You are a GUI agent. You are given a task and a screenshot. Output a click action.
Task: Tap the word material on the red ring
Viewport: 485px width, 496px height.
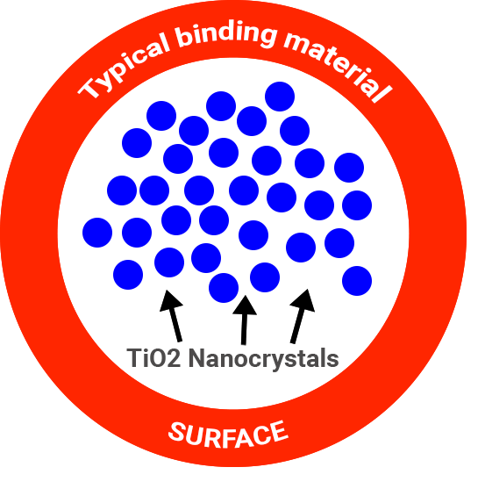(x=338, y=66)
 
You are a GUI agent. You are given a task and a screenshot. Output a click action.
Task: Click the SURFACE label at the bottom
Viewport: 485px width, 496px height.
(x=228, y=434)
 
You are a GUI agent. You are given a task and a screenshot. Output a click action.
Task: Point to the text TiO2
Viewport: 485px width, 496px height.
(x=153, y=358)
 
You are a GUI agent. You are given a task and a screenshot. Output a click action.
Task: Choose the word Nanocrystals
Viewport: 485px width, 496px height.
(x=263, y=358)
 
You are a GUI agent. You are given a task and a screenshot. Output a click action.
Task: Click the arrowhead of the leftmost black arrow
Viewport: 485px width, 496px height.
(x=170, y=300)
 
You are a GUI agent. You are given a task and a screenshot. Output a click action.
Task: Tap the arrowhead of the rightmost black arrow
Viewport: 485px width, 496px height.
(x=303, y=300)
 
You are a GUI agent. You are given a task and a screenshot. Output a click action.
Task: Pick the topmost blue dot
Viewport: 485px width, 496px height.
(x=280, y=97)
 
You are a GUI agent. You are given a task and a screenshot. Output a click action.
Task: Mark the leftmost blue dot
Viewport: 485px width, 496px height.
(x=97, y=233)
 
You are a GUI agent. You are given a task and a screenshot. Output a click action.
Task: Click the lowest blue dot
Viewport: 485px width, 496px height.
(x=224, y=288)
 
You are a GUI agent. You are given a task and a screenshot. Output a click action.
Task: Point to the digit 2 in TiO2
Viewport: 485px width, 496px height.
(x=174, y=358)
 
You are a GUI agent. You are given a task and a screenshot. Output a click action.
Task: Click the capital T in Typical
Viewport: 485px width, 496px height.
(x=90, y=88)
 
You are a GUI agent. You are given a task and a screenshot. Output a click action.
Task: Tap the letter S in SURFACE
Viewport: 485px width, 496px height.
(x=176, y=431)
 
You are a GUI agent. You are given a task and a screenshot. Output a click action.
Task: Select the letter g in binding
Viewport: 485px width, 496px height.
(x=267, y=38)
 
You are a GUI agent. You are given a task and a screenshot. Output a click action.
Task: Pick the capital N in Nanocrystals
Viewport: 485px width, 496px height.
(x=196, y=358)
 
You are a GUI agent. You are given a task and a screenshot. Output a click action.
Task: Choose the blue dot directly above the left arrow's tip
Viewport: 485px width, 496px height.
(x=169, y=262)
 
